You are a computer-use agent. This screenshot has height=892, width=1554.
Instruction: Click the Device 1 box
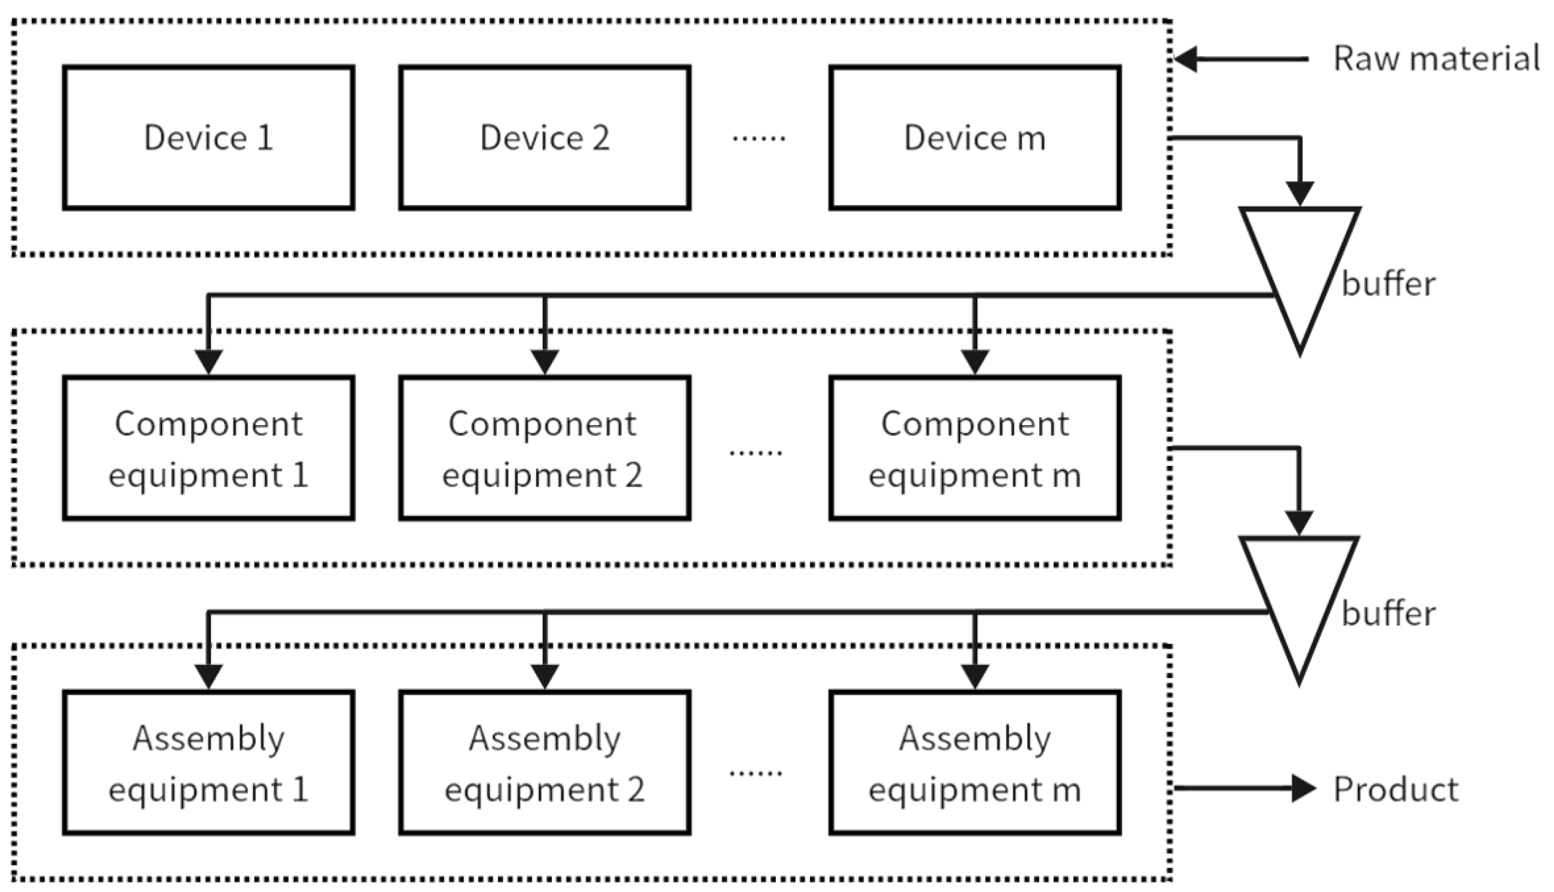[208, 138]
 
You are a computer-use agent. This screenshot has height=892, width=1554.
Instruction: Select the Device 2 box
[545, 138]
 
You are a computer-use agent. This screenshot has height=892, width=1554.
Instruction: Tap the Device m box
[975, 138]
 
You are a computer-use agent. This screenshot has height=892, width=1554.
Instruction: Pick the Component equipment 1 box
[208, 449]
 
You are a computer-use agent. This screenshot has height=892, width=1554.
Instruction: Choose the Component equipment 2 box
[545, 449]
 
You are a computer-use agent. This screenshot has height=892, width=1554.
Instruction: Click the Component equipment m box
[975, 449]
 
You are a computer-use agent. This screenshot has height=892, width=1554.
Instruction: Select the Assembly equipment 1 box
[208, 763]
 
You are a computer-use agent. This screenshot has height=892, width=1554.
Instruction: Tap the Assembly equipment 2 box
[545, 763]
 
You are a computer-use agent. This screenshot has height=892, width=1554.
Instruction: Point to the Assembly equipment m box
[975, 763]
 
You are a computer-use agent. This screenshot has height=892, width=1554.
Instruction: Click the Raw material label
[1436, 59]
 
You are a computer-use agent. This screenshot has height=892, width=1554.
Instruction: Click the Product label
[1396, 789]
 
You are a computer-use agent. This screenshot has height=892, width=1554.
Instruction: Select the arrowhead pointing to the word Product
[1303, 789]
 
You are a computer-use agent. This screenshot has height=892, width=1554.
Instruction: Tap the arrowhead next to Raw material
[1186, 59]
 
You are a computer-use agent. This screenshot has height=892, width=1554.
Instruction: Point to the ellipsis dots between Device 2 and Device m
[758, 139]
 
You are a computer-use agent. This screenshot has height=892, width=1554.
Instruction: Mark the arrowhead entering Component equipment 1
[208, 362]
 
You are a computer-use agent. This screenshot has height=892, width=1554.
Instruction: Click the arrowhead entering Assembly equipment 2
[545, 676]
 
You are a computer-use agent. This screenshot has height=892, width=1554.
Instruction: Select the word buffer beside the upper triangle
[1388, 284]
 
